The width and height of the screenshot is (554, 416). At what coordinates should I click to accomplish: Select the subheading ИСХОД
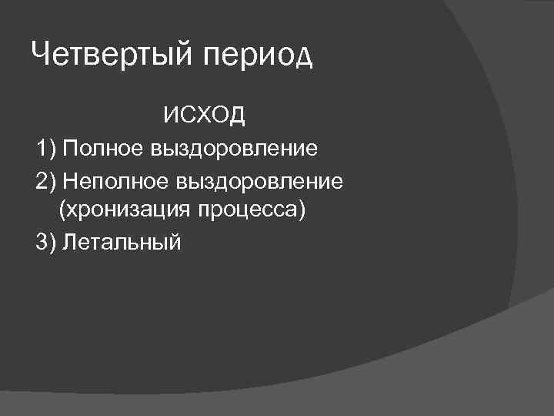pyautogui.click(x=204, y=116)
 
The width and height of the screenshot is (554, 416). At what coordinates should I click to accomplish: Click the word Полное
pyautogui.click(x=102, y=148)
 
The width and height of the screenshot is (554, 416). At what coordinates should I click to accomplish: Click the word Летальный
pyautogui.click(x=122, y=243)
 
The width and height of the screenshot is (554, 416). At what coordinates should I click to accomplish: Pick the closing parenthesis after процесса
pyautogui.click(x=302, y=210)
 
